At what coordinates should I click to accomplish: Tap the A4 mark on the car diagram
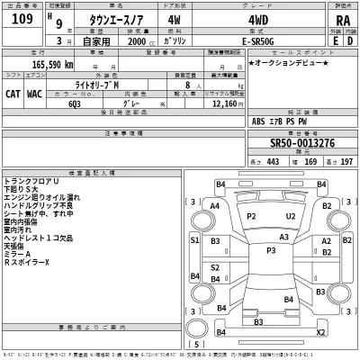click(213, 206)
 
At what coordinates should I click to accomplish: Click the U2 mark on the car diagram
click(290, 217)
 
